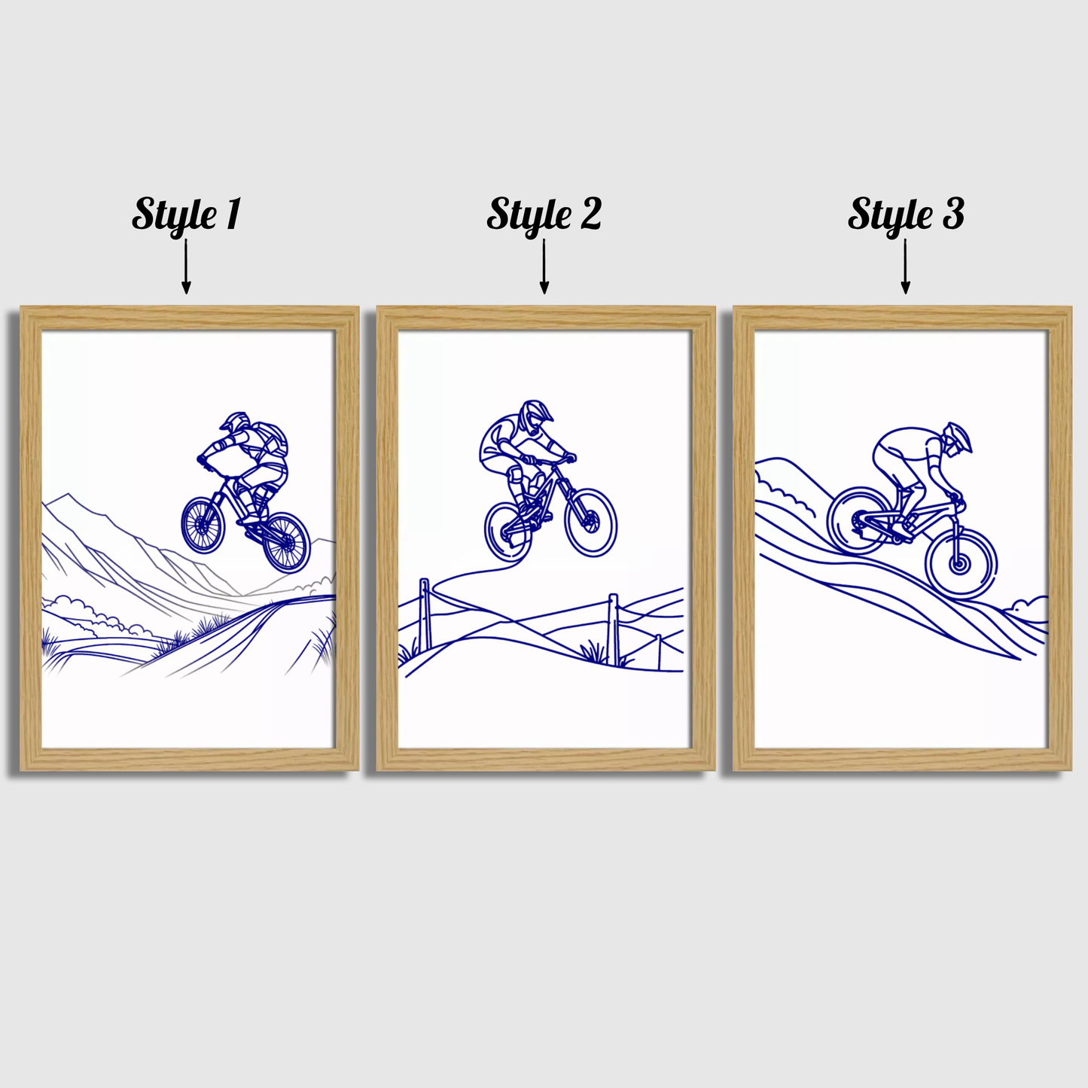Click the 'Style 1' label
pos(186,214)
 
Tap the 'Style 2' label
pos(544,214)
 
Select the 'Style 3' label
pos(905,214)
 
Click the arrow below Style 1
pos(186,267)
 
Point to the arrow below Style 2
pos(544,267)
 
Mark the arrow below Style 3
pos(905,267)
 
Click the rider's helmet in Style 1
pos(235,422)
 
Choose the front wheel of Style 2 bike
pos(591,522)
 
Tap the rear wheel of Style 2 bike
pos(508,532)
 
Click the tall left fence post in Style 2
pos(425,614)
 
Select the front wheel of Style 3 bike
pos(961,563)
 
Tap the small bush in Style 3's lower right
pos(1029,606)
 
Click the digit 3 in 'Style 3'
pos(952,214)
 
